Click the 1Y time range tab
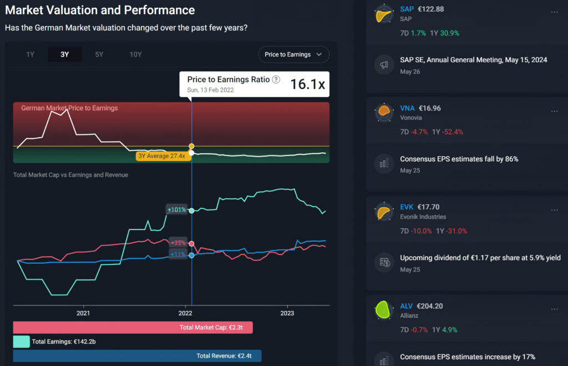(31, 54)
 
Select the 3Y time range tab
(65, 54)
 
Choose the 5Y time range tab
(99, 54)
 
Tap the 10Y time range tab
(135, 54)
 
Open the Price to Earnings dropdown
(293, 54)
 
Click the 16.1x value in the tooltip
(307, 84)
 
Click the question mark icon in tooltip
(276, 79)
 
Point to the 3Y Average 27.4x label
(163, 157)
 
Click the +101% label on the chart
(176, 209)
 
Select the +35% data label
(177, 243)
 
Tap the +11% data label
(177, 254)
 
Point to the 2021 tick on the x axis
(83, 313)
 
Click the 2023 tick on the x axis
(287, 313)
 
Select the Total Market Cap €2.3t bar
(133, 328)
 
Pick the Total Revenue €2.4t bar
(136, 356)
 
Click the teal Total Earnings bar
(21, 342)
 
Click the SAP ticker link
(407, 9)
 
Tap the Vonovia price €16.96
(429, 108)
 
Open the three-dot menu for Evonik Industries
(554, 210)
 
